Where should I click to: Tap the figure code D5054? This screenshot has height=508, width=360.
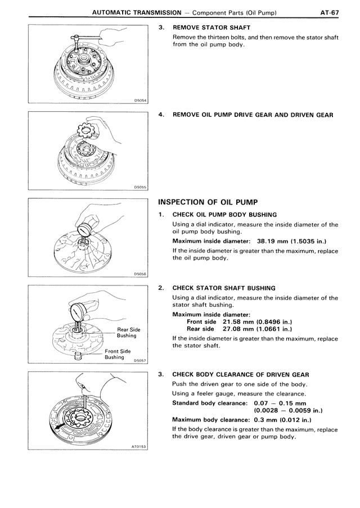click(x=140, y=101)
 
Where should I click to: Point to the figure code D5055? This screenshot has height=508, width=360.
click(x=140, y=188)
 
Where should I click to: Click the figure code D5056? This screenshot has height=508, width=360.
click(x=140, y=274)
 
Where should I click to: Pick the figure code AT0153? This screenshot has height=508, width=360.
click(x=138, y=447)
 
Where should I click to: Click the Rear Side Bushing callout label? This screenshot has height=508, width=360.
click(x=128, y=333)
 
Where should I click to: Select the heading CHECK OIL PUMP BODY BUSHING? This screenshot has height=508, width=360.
click(x=224, y=215)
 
